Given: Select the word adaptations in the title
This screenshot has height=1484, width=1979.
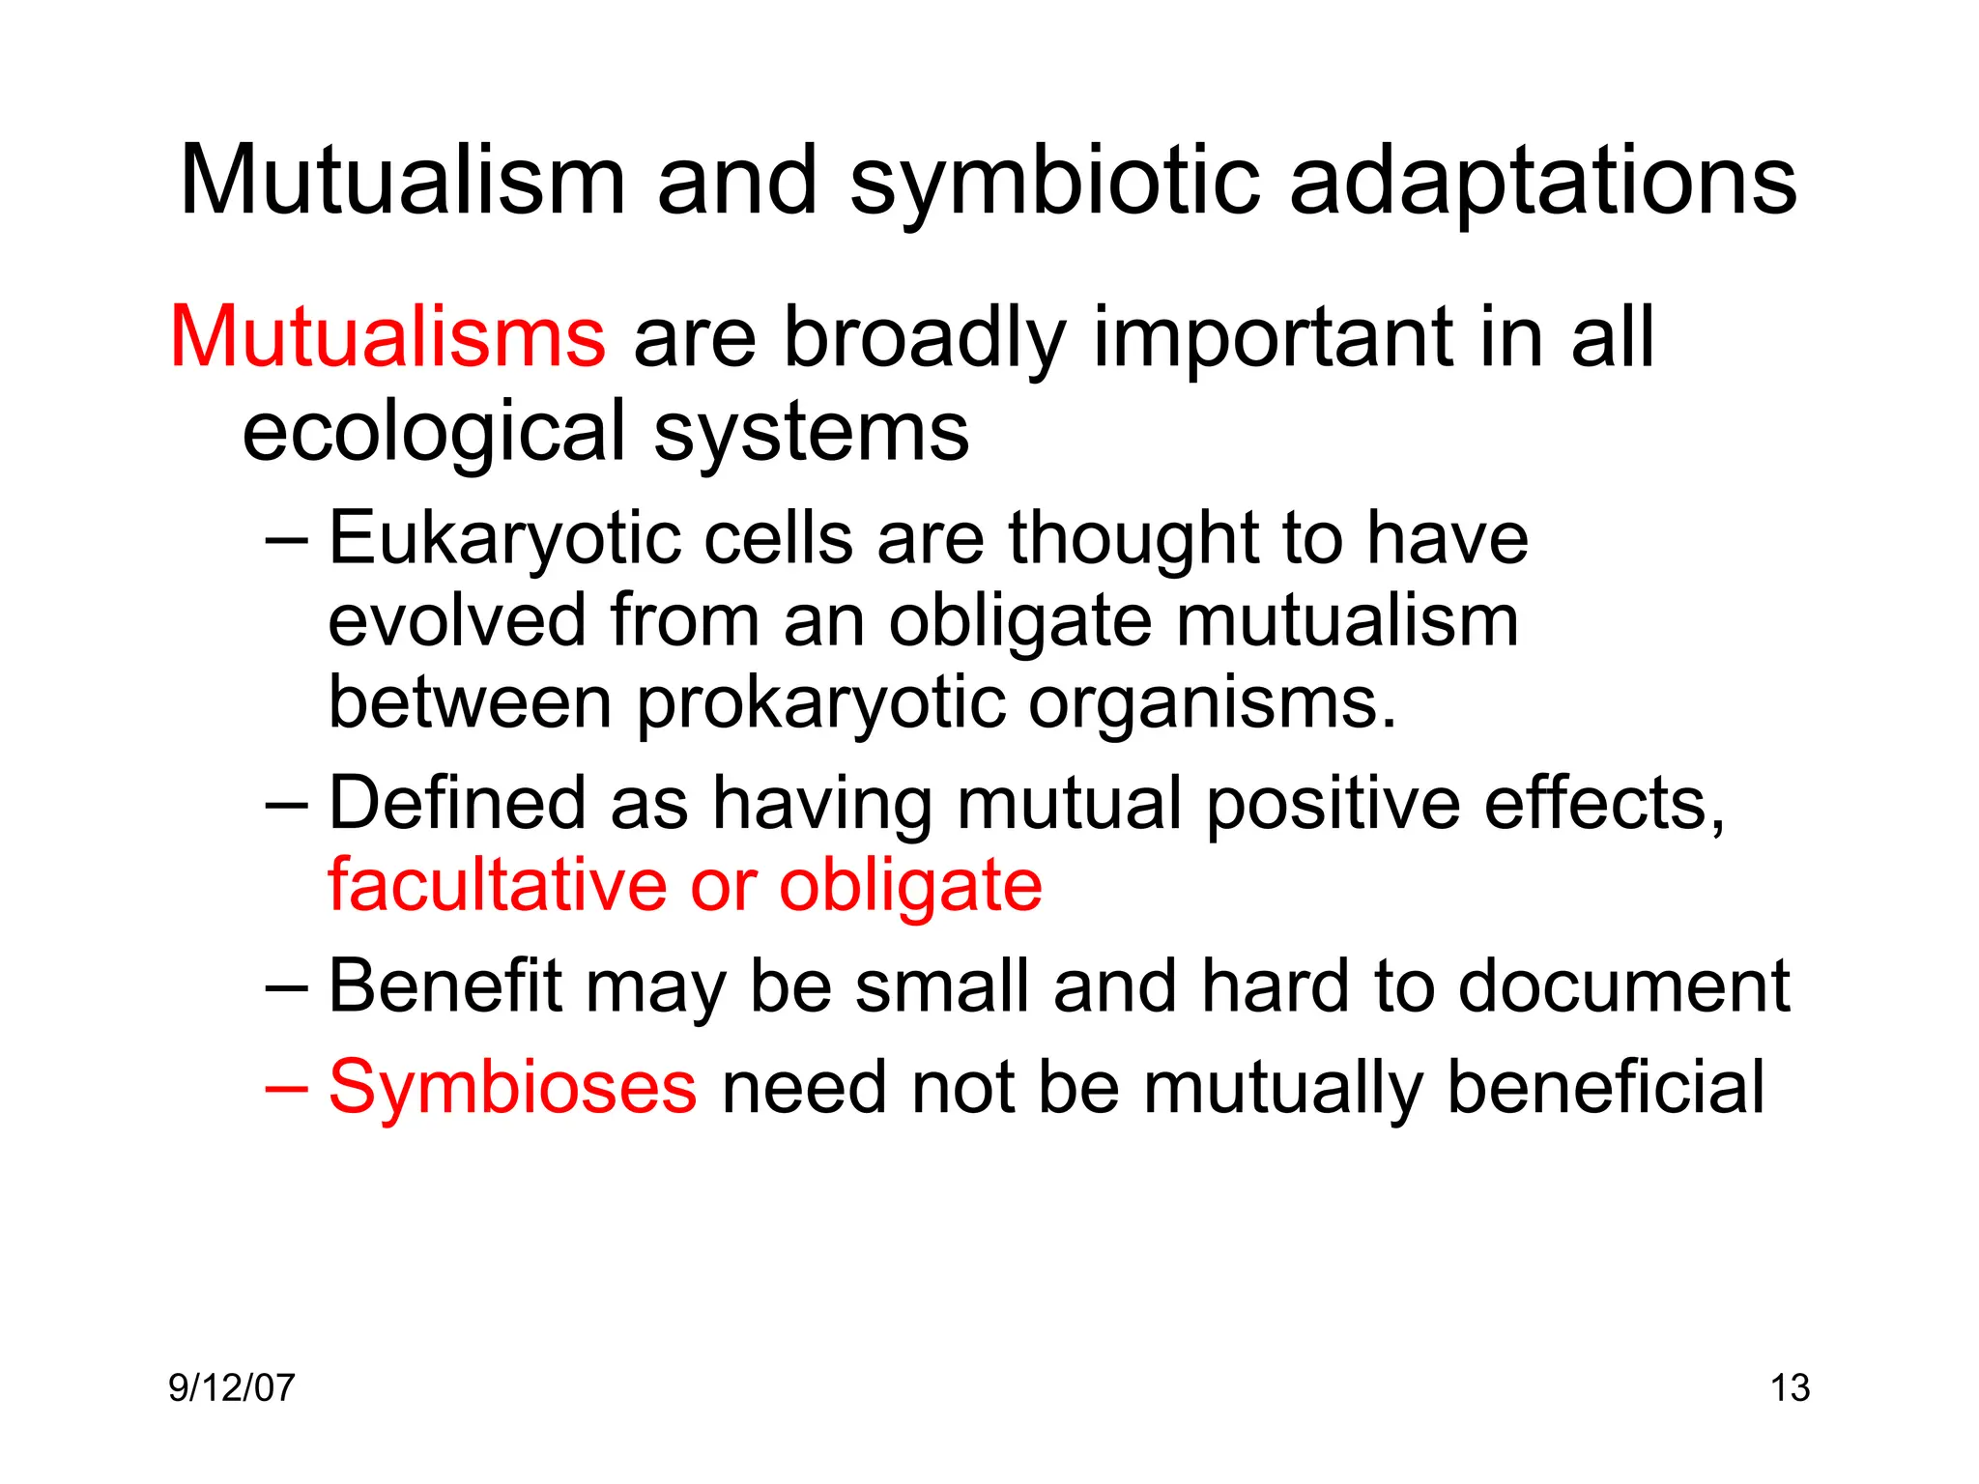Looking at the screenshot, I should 1543,181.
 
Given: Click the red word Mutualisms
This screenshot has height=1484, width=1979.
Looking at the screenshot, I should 387,337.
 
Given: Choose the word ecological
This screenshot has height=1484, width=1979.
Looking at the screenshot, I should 435,432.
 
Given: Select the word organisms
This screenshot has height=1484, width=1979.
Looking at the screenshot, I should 1212,702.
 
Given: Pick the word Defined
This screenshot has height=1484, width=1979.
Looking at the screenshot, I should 457,803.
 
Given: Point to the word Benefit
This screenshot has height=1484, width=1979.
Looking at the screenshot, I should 445,985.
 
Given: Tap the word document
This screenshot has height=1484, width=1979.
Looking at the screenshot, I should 1623,985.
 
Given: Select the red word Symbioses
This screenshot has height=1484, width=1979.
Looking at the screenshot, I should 512,1087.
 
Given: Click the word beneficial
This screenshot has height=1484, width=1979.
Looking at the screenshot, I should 1605,1087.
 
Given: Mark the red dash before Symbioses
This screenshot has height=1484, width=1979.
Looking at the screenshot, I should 286,1087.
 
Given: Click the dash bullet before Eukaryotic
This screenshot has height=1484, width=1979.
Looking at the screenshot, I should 286,539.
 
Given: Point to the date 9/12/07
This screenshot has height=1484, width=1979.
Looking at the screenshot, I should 232,1388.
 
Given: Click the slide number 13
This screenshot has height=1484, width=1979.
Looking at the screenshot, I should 1790,1388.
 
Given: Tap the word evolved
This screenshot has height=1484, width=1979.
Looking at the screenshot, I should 457,620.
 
